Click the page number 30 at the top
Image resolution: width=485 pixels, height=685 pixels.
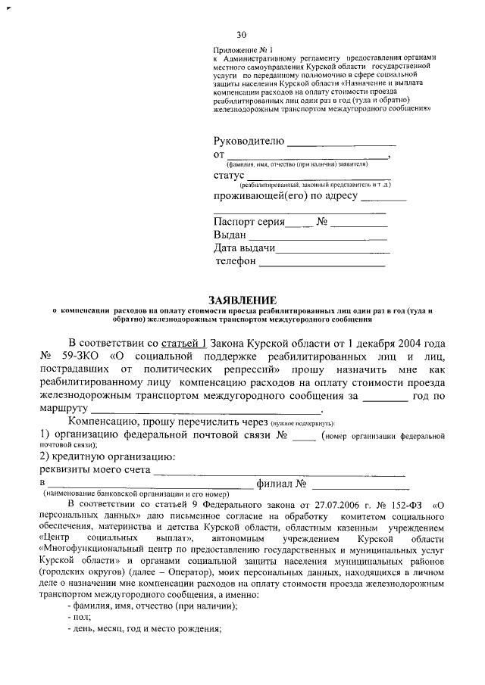(242, 35)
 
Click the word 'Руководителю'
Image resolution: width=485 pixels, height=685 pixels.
(249, 142)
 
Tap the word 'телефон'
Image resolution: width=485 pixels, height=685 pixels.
(236, 262)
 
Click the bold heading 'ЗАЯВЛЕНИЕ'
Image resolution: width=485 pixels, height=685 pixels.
(242, 300)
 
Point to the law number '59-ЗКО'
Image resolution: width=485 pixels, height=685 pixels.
(86, 356)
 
